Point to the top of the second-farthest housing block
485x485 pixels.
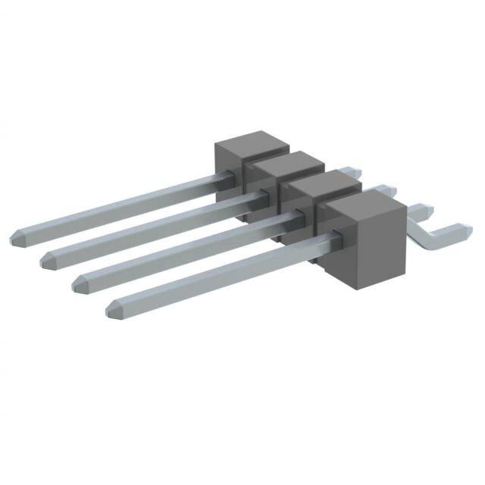click(289, 161)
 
